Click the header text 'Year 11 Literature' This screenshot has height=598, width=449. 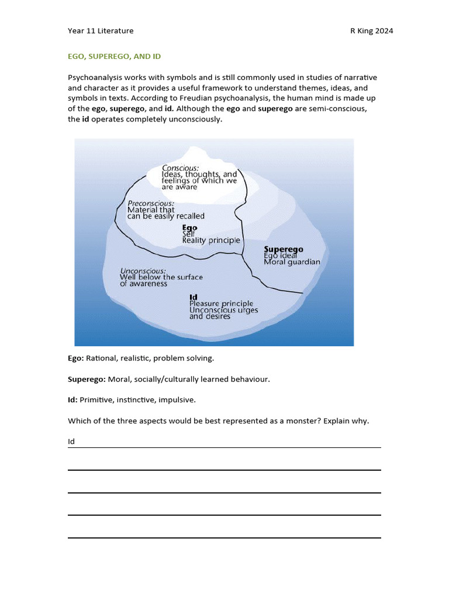(101, 31)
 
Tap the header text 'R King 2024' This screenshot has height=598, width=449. (367, 31)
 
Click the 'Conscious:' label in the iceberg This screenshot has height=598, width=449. (180, 167)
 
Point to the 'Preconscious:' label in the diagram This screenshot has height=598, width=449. (151, 203)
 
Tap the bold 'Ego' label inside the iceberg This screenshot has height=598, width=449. (189, 227)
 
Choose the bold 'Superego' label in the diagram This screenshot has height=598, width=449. (284, 249)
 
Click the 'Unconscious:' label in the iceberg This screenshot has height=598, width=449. (143, 271)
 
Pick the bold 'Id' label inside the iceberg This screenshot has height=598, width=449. (193, 297)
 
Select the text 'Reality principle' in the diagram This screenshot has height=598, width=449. (211, 240)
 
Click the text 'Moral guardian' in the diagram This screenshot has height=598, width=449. (292, 262)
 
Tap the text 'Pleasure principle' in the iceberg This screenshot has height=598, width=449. (221, 304)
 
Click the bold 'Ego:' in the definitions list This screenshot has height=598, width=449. (75, 357)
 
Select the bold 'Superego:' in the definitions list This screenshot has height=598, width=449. (87, 380)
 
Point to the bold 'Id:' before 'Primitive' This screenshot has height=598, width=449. (72, 400)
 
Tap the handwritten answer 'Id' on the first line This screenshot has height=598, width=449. (71, 441)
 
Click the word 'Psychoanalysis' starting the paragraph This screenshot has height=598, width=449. (95, 77)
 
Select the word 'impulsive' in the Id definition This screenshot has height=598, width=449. (179, 400)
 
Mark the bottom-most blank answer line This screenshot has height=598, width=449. (224, 537)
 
